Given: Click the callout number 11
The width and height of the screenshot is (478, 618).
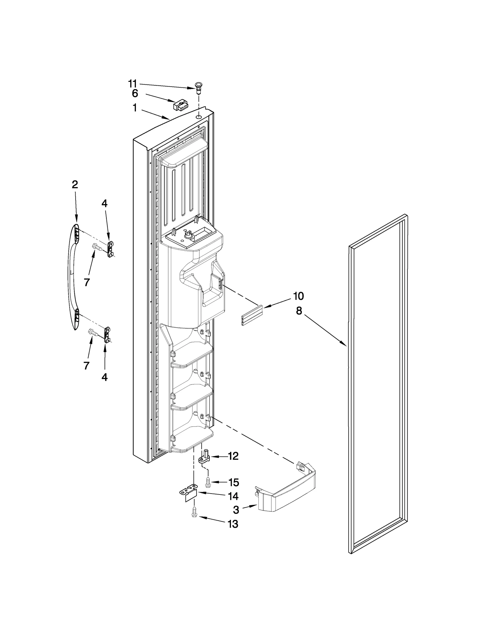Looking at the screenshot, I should pos(132,83).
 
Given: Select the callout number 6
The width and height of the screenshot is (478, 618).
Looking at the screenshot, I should pos(135,93).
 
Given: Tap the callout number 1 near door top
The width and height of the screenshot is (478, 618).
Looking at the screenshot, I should pos(135,108).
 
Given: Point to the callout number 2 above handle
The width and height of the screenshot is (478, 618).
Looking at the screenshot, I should pos(75,184).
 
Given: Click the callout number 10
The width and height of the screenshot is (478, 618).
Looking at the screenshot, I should pos(298,296).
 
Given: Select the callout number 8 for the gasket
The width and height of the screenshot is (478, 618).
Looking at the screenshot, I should pos(299,311).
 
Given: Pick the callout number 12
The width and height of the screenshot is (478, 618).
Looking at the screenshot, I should pos(233,456).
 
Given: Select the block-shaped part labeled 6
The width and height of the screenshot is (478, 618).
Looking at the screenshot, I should pos(181,105).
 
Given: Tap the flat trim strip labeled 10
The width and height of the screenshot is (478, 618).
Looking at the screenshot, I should pos(252,315).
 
